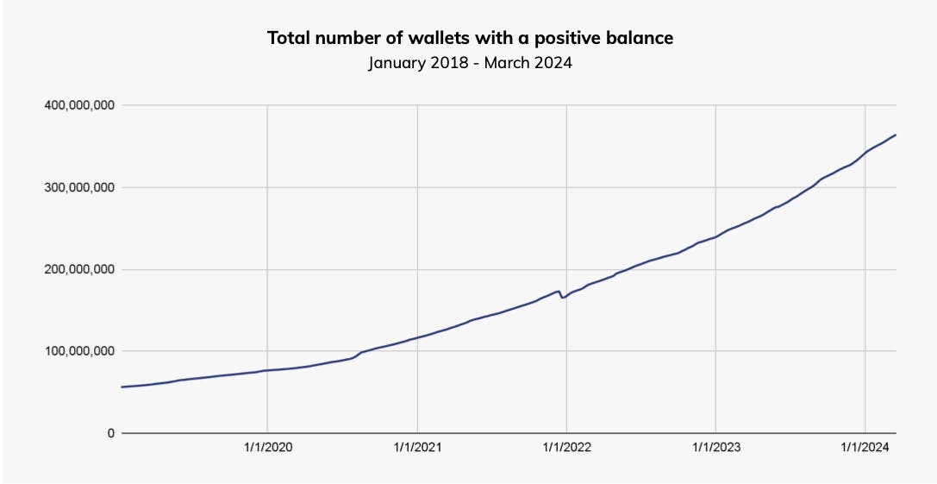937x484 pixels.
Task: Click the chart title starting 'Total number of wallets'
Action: click(470, 38)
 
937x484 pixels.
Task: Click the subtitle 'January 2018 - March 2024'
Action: click(470, 64)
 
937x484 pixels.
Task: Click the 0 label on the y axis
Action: click(110, 433)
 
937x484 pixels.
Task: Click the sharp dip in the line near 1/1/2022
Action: click(562, 298)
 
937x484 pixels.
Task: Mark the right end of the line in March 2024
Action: click(896, 135)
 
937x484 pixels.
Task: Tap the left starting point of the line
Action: click(122, 387)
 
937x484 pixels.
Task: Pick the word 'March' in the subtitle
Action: click(508, 64)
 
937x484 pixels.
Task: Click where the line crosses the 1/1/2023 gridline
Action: click(715, 236)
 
